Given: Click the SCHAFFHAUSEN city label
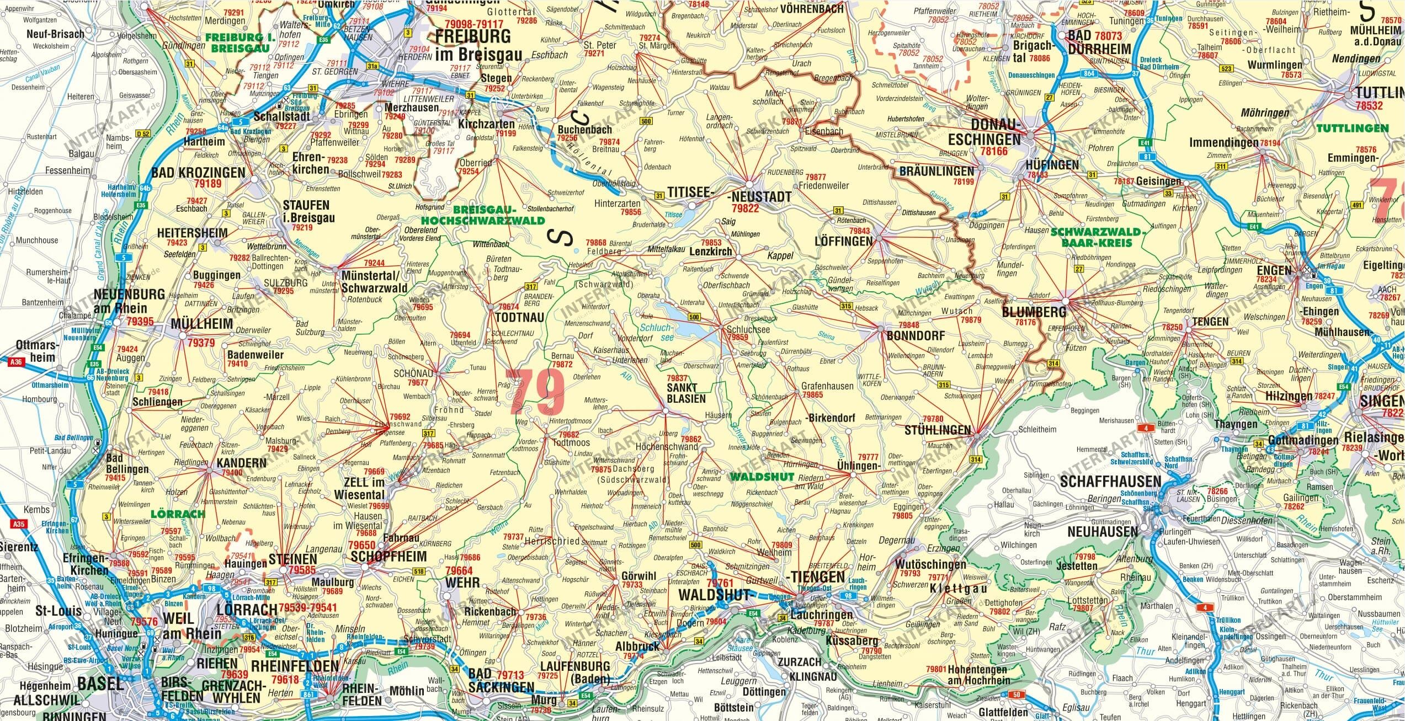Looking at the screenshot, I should click(x=1110, y=481).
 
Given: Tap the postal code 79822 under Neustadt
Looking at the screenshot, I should click(x=745, y=209).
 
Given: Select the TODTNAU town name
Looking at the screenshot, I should click(x=519, y=317).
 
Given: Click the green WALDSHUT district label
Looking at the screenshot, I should click(x=762, y=477).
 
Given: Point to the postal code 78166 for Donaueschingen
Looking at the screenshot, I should click(x=993, y=151).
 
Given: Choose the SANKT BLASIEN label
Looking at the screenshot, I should click(x=686, y=393).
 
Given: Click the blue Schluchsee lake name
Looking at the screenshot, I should click(x=659, y=333).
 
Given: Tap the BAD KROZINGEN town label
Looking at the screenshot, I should click(x=198, y=173).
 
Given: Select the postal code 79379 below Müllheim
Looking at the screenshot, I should click(x=201, y=343).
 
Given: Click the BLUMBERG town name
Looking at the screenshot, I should click(x=1034, y=312).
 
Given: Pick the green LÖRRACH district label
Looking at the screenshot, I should click(x=178, y=514).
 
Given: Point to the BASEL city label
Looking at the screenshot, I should click(x=100, y=684).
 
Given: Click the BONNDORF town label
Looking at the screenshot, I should click(x=916, y=335).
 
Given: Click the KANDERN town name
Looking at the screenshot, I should click(x=241, y=462).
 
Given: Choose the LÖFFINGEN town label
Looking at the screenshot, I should click(x=844, y=241).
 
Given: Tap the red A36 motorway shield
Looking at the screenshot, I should click(x=17, y=362).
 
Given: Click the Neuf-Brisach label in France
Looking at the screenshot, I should click(x=56, y=34).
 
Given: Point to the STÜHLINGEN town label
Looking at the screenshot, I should click(x=938, y=430).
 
